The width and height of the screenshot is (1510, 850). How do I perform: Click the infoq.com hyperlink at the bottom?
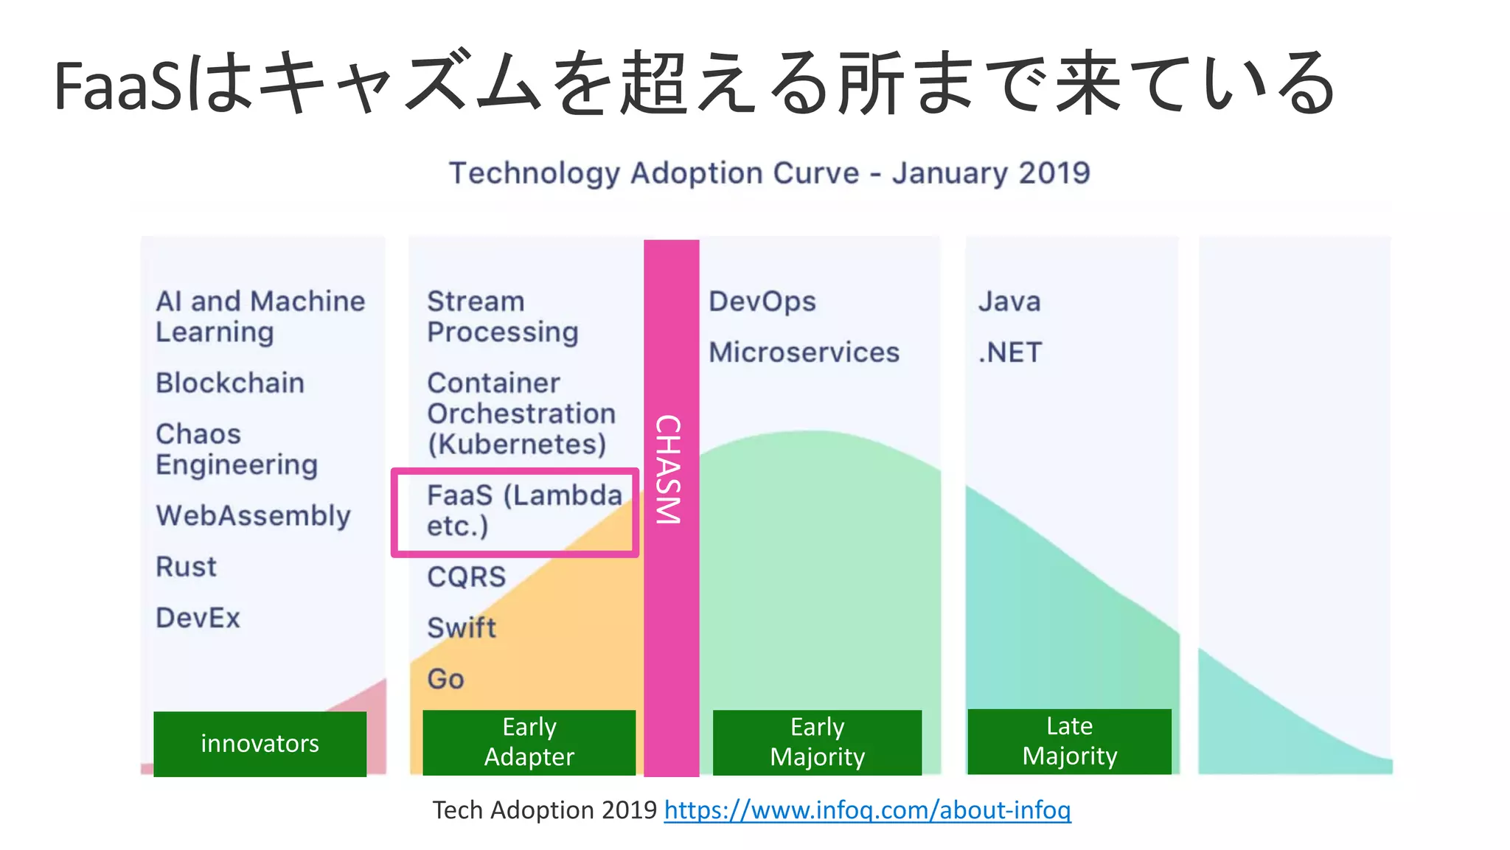point(867,810)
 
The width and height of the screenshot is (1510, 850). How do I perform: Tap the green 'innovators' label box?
point(260,743)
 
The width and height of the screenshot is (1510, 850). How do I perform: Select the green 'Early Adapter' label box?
point(529,742)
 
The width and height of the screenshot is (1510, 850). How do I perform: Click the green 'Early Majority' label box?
point(817,742)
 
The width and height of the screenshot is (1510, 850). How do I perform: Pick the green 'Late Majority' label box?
point(1069,741)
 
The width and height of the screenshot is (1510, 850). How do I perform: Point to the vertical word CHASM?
point(669,470)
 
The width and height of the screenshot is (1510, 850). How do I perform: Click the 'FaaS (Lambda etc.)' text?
point(523,510)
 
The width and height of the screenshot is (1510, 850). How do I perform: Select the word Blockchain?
point(230,383)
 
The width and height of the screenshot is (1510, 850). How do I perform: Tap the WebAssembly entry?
point(253,516)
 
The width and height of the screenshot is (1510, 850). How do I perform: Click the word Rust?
point(186,567)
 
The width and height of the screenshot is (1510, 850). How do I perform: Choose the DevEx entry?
point(198,618)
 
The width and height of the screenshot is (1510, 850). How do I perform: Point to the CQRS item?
point(466,576)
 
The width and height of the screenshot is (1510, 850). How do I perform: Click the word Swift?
point(462,628)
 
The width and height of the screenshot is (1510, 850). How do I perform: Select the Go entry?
point(445,679)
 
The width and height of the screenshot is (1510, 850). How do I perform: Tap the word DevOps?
point(762,302)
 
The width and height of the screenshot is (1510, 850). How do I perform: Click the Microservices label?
point(804,352)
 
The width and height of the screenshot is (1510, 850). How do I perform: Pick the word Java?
point(1009,302)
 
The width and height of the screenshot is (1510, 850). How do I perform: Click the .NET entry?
point(1010,352)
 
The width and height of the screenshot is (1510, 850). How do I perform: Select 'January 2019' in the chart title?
point(991,173)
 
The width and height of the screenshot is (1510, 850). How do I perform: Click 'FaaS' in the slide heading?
point(118,87)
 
